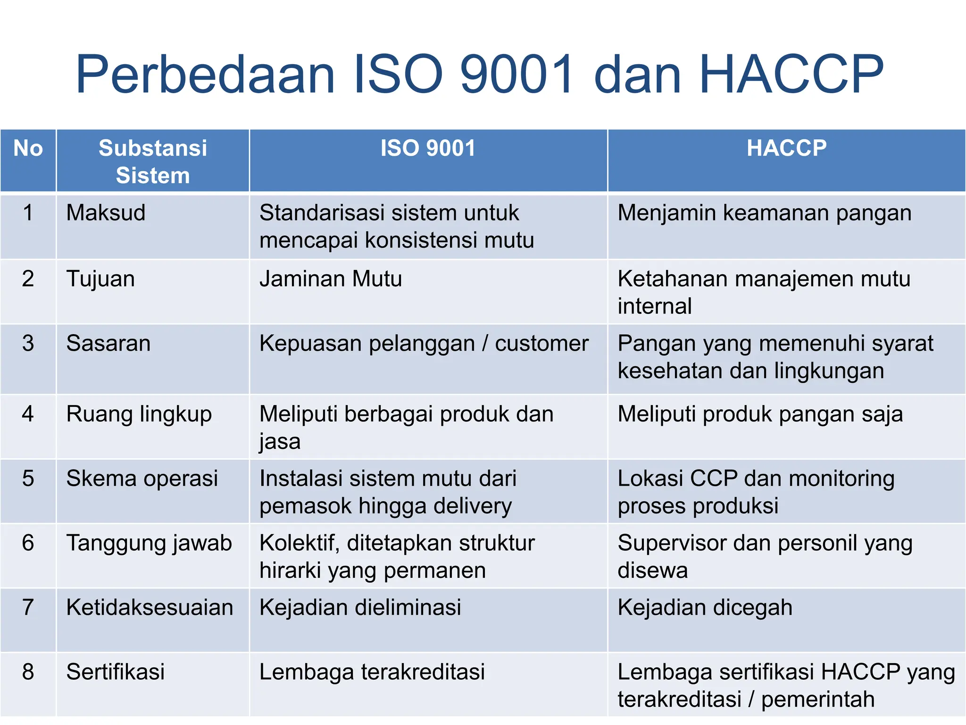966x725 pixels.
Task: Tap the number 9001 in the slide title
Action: click(x=517, y=75)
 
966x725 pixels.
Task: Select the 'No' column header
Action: click(x=28, y=148)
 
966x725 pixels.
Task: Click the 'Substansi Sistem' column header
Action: click(x=153, y=161)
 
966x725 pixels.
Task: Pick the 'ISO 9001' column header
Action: click(x=428, y=148)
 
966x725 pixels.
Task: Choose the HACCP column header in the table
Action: click(x=786, y=148)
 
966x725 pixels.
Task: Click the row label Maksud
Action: click(x=106, y=213)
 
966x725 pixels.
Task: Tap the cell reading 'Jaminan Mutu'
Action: click(x=331, y=279)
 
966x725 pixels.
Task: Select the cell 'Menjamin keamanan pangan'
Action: click(x=764, y=213)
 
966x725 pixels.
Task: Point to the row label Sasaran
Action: click(x=108, y=343)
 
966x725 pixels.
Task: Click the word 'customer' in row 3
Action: click(x=541, y=343)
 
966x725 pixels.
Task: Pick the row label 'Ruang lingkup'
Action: click(x=139, y=414)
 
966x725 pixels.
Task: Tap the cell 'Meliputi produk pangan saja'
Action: click(x=760, y=414)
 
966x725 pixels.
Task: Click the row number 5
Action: click(x=28, y=479)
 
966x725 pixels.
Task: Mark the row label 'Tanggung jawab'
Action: click(x=149, y=543)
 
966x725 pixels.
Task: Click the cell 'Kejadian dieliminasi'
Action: click(x=360, y=607)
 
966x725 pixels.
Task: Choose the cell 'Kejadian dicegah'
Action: click(x=705, y=607)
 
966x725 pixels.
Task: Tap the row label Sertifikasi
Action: click(x=116, y=672)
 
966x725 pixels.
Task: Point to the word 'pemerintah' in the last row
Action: click(x=817, y=700)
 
